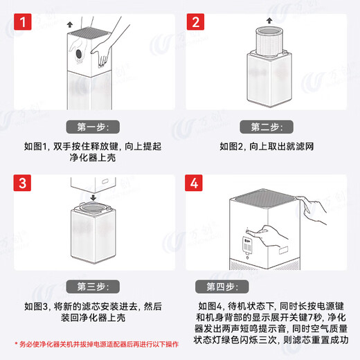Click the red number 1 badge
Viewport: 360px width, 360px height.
click(25, 25)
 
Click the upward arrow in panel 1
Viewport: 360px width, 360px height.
click(69, 24)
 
